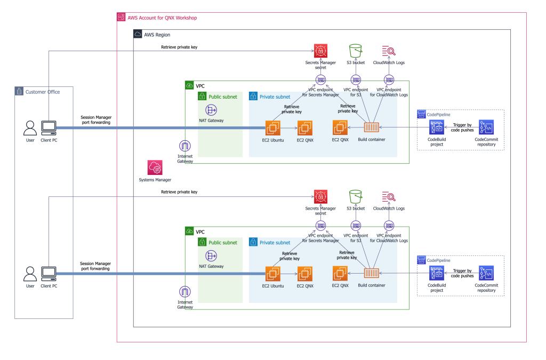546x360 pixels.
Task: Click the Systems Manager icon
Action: click(x=156, y=167)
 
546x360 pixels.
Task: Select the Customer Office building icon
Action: click(x=20, y=92)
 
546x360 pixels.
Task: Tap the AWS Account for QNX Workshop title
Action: click(x=162, y=18)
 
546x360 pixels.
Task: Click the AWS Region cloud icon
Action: click(x=138, y=35)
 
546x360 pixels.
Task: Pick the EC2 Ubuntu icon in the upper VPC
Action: click(x=273, y=128)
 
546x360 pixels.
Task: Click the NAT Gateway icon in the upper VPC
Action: click(x=212, y=110)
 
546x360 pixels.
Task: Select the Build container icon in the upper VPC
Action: click(x=372, y=128)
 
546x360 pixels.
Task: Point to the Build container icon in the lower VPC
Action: click(x=372, y=274)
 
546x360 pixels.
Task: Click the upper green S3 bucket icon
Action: click(x=355, y=51)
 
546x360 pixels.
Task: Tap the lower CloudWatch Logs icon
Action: click(x=389, y=197)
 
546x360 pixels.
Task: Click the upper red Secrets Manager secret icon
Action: click(x=320, y=51)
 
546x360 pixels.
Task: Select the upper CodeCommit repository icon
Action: click(x=486, y=128)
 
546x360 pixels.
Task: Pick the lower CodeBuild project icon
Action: click(x=437, y=274)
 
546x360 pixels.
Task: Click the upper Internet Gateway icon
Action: click(x=185, y=146)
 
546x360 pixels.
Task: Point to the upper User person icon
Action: click(x=30, y=128)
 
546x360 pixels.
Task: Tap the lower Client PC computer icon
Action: click(x=49, y=274)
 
